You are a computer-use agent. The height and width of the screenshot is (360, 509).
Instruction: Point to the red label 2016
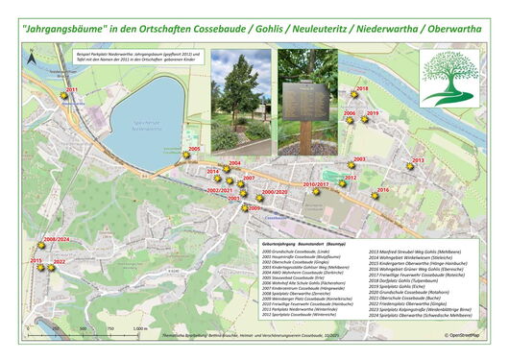tap(382, 190)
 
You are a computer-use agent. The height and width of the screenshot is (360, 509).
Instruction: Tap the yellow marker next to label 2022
tap(51, 268)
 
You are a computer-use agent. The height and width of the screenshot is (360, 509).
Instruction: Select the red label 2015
tap(36, 260)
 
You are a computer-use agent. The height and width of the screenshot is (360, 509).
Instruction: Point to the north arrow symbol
tap(32, 58)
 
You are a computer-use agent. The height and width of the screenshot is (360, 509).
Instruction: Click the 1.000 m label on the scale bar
tap(138, 328)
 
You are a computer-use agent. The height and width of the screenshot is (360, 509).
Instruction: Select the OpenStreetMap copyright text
tap(465, 334)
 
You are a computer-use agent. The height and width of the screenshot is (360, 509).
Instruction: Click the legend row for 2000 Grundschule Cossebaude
tap(301, 252)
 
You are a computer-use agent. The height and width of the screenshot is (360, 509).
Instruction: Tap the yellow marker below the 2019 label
tap(370, 122)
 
